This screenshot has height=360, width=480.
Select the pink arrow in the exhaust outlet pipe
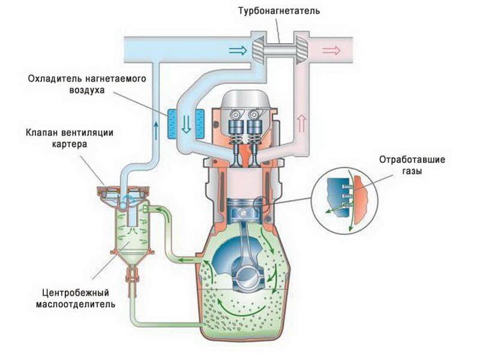point(331,50)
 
